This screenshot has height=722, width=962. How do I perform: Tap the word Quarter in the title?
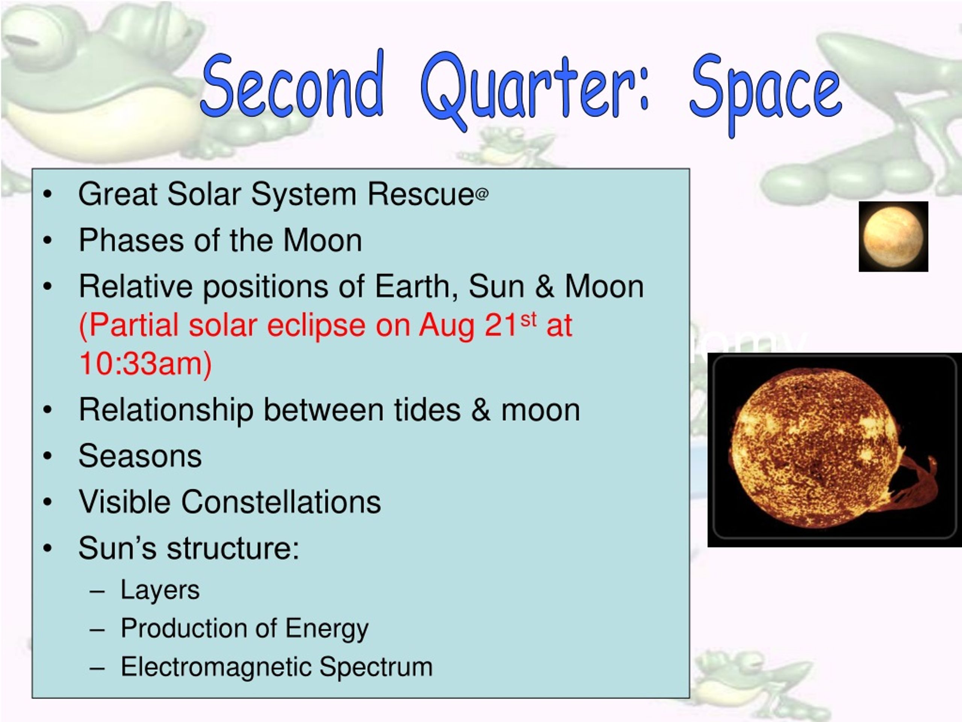pyautogui.click(x=535, y=89)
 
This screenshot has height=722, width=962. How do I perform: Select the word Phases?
pyautogui.click(x=131, y=241)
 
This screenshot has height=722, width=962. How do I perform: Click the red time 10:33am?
pyautogui.click(x=145, y=364)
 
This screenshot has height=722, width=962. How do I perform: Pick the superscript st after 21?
pyautogui.click(x=528, y=320)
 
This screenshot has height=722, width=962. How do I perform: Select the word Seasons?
pyautogui.click(x=140, y=456)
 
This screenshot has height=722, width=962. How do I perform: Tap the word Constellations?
pyautogui.click(x=281, y=502)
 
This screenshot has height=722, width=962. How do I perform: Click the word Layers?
pyautogui.click(x=160, y=590)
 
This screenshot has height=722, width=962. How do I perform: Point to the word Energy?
pyautogui.click(x=327, y=629)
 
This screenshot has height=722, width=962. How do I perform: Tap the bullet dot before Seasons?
pyautogui.click(x=47, y=456)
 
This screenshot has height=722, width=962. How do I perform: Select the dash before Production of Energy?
pyautogui.click(x=97, y=630)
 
